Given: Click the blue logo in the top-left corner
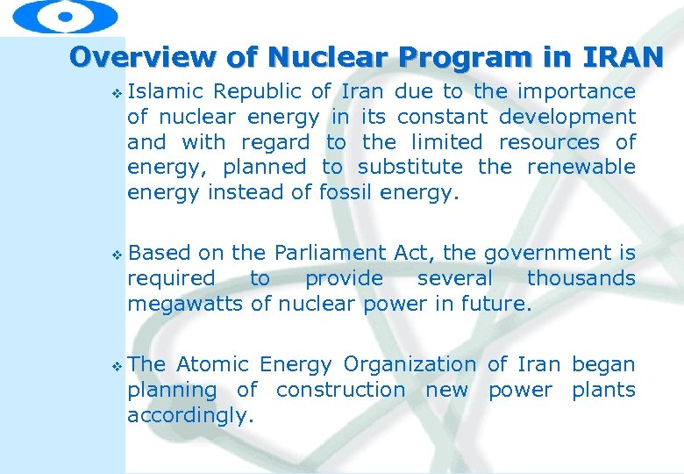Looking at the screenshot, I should [66, 16].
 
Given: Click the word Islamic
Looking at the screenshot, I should [166, 91].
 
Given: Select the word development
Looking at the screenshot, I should [567, 117].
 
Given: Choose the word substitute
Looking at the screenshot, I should [410, 167].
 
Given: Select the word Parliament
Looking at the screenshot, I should [330, 253].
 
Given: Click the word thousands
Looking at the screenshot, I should [581, 278].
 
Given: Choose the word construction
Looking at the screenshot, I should [340, 390].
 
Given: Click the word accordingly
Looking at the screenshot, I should [190, 415].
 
